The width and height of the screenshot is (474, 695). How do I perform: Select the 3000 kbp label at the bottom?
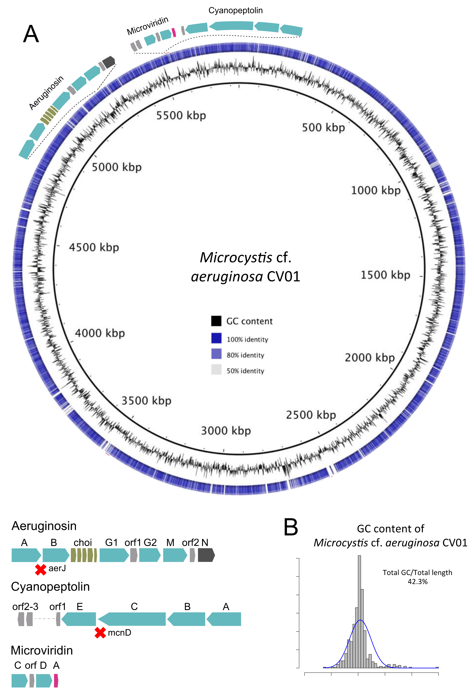coord(226,431)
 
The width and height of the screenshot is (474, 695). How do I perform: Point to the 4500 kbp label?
coord(94,247)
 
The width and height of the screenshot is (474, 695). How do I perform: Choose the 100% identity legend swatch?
coord(216,338)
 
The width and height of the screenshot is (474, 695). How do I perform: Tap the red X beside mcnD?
coord(100,632)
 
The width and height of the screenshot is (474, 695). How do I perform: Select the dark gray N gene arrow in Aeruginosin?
coord(206,555)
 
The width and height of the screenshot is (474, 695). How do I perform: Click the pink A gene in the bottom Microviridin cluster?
coord(56,681)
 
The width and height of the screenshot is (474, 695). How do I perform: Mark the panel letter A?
coord(31,34)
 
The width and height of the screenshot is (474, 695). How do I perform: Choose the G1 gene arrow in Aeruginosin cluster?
coord(114,555)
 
